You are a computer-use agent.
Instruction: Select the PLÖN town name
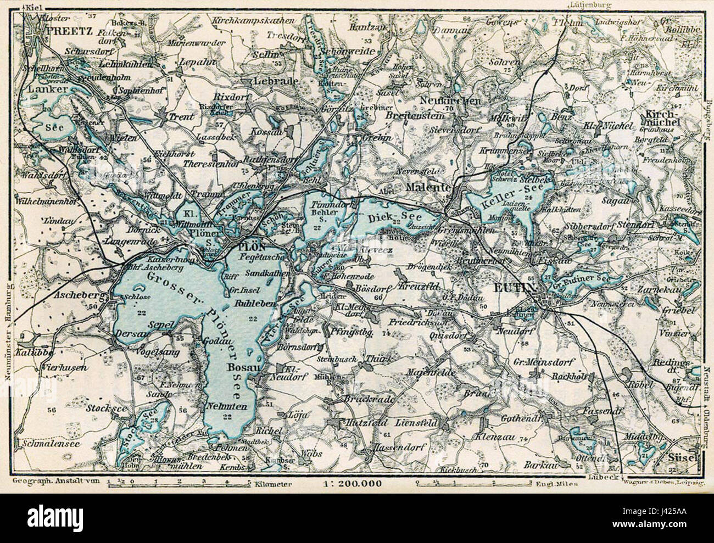[x=253, y=248]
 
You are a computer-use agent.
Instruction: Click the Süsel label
[x=682, y=457]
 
